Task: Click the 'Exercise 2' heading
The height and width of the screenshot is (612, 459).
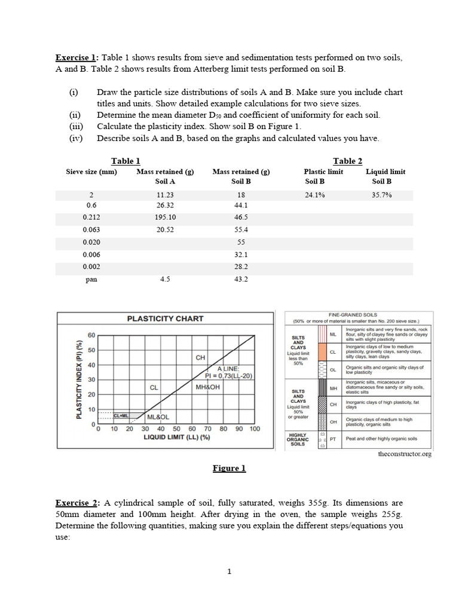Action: [77, 503]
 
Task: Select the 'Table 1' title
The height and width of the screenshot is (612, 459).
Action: [126, 161]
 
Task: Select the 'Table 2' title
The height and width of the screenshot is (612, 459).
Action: [348, 161]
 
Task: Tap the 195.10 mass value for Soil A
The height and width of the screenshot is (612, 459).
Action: [165, 218]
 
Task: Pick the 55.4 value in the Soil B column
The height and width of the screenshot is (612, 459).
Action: [241, 229]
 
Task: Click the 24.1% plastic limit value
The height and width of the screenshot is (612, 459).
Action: [315, 195]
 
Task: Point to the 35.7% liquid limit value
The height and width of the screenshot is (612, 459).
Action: [381, 195]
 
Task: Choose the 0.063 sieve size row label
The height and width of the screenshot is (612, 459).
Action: [91, 229]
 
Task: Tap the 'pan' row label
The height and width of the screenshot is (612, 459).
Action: [91, 279]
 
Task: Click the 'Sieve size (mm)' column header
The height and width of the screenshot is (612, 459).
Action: [91, 172]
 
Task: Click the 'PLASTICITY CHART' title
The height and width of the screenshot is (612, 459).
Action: [165, 319]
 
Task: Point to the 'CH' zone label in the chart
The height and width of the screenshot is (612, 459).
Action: [201, 357]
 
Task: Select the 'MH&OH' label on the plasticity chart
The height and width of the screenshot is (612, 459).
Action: [208, 387]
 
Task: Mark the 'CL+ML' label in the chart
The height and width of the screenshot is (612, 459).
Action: [121, 415]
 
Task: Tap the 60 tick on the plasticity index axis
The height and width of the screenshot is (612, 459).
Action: [91, 335]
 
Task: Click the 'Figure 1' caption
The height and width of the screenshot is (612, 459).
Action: [229, 469]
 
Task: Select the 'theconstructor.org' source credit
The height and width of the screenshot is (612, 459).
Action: [405, 454]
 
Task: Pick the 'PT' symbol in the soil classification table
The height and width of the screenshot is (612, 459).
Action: [332, 439]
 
